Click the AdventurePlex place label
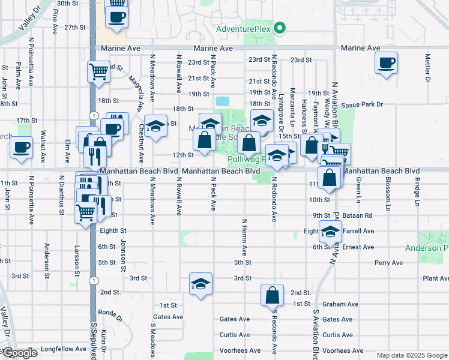(243, 29)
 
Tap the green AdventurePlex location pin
(279, 28)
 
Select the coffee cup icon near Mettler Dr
(386, 62)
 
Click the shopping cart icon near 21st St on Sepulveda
(98, 72)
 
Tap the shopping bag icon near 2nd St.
(272, 295)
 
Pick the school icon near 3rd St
(200, 284)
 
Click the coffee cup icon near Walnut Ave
(22, 148)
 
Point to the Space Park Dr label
(362, 105)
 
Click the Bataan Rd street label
(360, 215)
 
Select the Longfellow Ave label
(66, 349)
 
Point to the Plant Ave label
(436, 278)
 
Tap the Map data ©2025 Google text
(412, 355)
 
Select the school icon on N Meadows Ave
(156, 125)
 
